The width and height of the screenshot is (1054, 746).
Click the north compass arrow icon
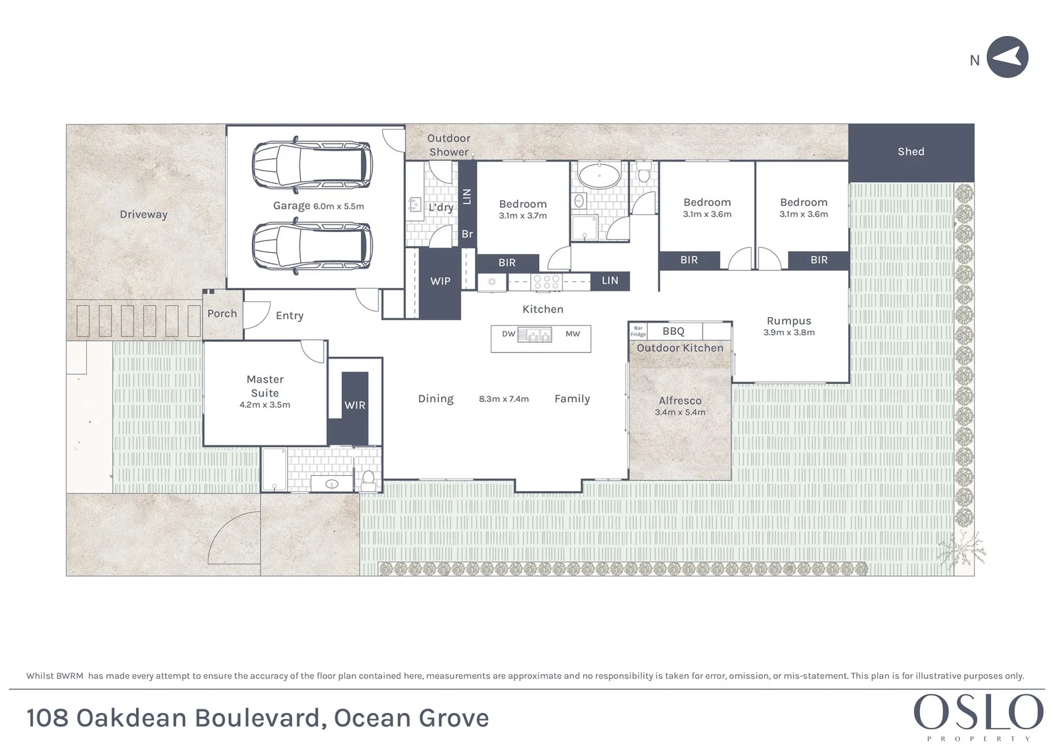point(1007,57)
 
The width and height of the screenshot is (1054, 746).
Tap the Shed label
point(910,151)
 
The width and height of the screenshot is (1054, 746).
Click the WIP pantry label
point(440,281)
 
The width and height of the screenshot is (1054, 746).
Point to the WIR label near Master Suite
point(355,405)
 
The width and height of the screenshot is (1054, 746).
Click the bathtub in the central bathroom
point(598,177)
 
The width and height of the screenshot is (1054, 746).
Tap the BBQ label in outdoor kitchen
point(673,332)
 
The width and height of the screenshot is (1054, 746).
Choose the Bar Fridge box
point(638,332)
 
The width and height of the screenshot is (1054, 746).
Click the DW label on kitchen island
point(508,334)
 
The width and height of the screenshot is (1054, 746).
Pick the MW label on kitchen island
point(572,334)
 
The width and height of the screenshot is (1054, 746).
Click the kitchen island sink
point(535,336)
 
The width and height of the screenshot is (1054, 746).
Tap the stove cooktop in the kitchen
point(546,282)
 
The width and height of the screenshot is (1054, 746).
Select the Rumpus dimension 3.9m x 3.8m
point(789,333)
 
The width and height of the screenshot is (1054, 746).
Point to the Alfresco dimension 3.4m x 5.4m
point(680,412)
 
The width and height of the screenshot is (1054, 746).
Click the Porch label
point(222,314)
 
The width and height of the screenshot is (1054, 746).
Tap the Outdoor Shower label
point(449,145)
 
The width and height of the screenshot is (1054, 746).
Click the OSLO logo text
point(978,713)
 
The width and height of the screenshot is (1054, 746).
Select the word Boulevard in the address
point(259,718)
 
